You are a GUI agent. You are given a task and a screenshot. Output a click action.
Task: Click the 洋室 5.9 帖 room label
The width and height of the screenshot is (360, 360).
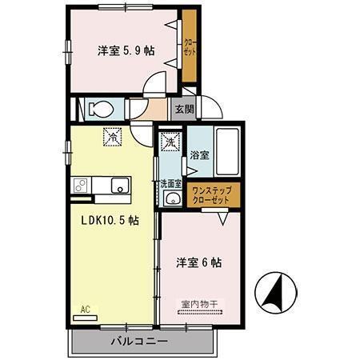tap(126, 50)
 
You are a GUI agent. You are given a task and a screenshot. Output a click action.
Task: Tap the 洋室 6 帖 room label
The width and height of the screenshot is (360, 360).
tap(198, 262)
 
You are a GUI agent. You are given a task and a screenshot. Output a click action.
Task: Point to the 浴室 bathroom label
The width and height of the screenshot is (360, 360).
tap(199, 156)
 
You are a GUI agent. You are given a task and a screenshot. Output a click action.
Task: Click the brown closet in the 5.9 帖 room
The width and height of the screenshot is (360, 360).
tap(190, 46)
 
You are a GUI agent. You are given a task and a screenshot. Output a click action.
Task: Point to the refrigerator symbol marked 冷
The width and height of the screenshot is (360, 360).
tap(113, 137)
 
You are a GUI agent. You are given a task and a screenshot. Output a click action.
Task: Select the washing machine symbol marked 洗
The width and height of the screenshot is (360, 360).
tap(170, 143)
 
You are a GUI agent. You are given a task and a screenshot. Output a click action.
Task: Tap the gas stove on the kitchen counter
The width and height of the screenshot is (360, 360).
tap(81, 186)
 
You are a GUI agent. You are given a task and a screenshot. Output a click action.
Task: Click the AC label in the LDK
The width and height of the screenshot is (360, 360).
tap(84, 308)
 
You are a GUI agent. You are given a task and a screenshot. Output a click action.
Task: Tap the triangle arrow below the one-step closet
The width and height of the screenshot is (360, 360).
tap(226, 214)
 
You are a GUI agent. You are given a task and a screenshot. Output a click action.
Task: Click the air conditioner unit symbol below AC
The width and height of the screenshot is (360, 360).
tap(84, 317)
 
